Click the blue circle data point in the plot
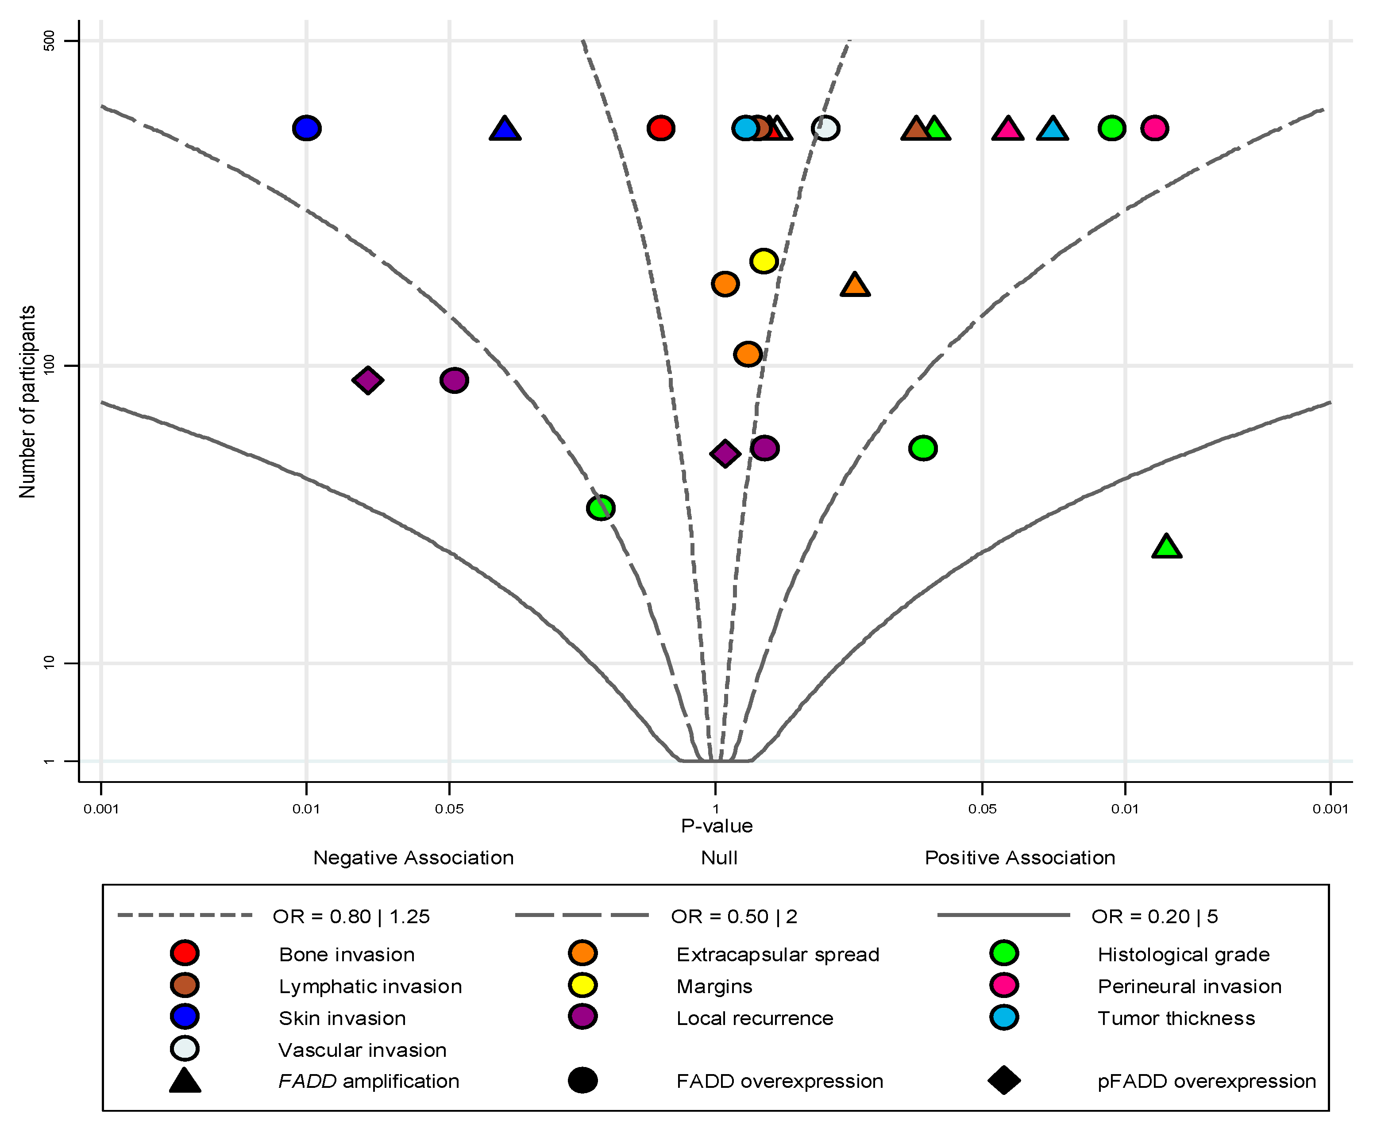pyautogui.click(x=306, y=128)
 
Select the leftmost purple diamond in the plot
pyautogui.click(x=367, y=381)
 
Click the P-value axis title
pyautogui.click(x=717, y=826)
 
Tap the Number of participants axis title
pyautogui.click(x=27, y=402)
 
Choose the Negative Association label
pyautogui.click(x=413, y=858)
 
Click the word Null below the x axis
pyautogui.click(x=719, y=858)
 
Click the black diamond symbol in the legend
pyautogui.click(x=1004, y=1080)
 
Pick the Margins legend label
pyautogui.click(x=714, y=986)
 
